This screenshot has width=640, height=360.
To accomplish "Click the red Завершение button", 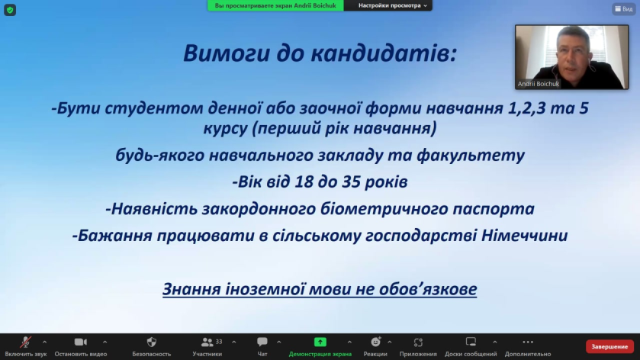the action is [609, 346].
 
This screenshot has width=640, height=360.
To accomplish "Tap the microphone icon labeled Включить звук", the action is [26, 342].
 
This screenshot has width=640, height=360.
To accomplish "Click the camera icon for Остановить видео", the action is [80, 342].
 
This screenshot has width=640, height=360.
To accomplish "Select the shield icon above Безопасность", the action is [152, 342].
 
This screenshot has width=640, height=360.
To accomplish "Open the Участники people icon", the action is [207, 342].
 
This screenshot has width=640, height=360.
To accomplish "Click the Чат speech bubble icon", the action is [262, 342].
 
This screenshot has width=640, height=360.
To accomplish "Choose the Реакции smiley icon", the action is [375, 342].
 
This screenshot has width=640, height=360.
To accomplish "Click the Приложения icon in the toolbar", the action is [418, 342].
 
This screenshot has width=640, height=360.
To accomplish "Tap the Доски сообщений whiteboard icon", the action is [471, 342].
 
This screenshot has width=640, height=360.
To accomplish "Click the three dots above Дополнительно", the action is [528, 342].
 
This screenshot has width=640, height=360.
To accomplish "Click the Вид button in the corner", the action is [624, 8].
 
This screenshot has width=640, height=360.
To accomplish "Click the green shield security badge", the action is [10, 10].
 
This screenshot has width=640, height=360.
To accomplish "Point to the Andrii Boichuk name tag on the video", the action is [538, 84].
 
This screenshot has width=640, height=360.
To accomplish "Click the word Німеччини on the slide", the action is [525, 236].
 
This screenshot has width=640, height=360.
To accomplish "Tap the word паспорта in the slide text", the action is [493, 210].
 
